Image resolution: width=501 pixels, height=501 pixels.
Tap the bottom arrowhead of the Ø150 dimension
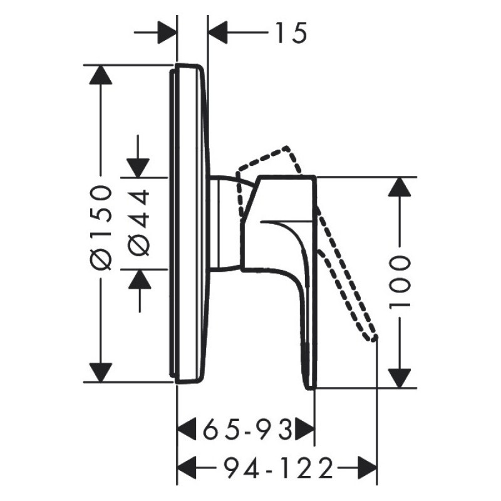point(100,372)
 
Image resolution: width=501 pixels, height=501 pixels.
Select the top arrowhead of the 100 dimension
point(400,187)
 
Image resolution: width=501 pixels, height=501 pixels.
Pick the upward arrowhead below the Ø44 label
point(138,279)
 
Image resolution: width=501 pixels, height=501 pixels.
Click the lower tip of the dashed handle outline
point(374,338)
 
